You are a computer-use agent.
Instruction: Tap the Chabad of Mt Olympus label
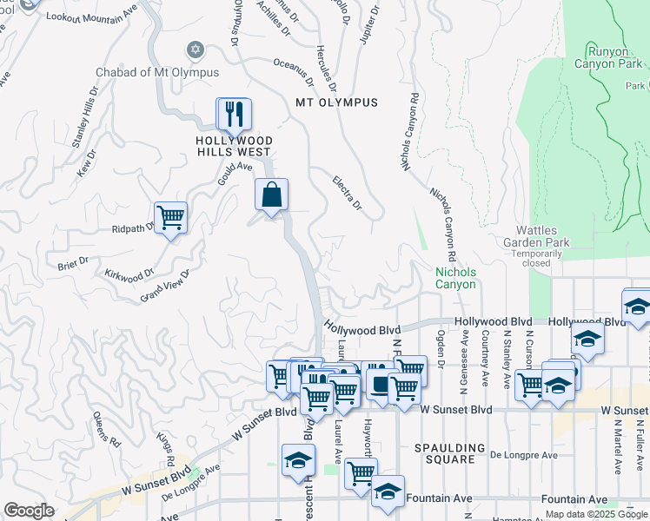(x=157, y=72)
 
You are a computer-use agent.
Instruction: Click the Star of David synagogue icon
(x=195, y=49)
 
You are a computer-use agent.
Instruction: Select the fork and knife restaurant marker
(x=234, y=114)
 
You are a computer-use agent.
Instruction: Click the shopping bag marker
(x=271, y=195)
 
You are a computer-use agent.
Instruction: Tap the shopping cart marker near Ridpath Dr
(x=170, y=218)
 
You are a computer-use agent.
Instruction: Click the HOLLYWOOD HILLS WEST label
(x=234, y=146)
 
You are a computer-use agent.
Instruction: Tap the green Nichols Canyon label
(x=455, y=278)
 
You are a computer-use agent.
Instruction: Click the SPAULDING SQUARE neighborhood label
(x=450, y=448)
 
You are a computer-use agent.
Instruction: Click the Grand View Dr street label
(x=164, y=286)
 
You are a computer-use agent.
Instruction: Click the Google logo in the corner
(x=29, y=511)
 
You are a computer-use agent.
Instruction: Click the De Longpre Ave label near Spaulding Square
(x=523, y=454)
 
